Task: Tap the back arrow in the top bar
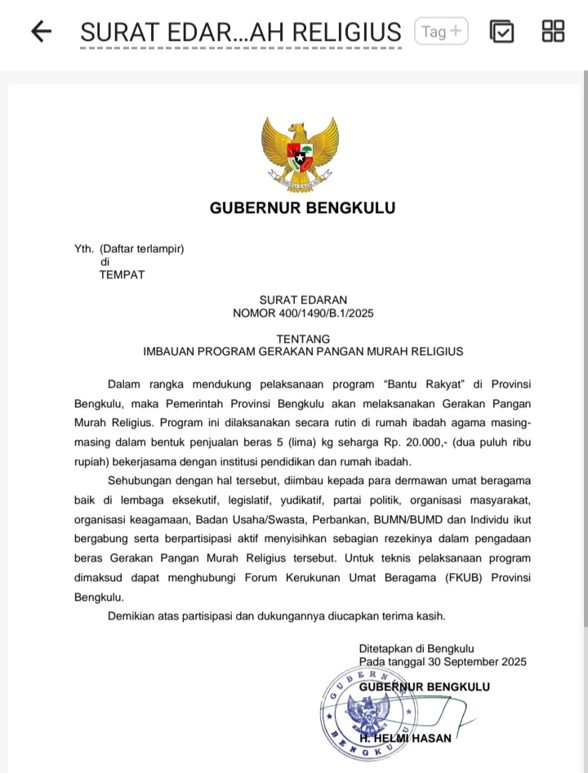tap(41, 32)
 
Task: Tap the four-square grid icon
tap(553, 31)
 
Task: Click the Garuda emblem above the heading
tap(300, 152)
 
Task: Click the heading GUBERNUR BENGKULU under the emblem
tap(302, 207)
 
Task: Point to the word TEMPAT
tap(122, 274)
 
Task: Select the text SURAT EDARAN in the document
tap(303, 300)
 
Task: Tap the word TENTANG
tap(303, 339)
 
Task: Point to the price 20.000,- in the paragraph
tap(389, 442)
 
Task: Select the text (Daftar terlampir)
tap(141, 249)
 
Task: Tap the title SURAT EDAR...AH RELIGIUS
tap(241, 33)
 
